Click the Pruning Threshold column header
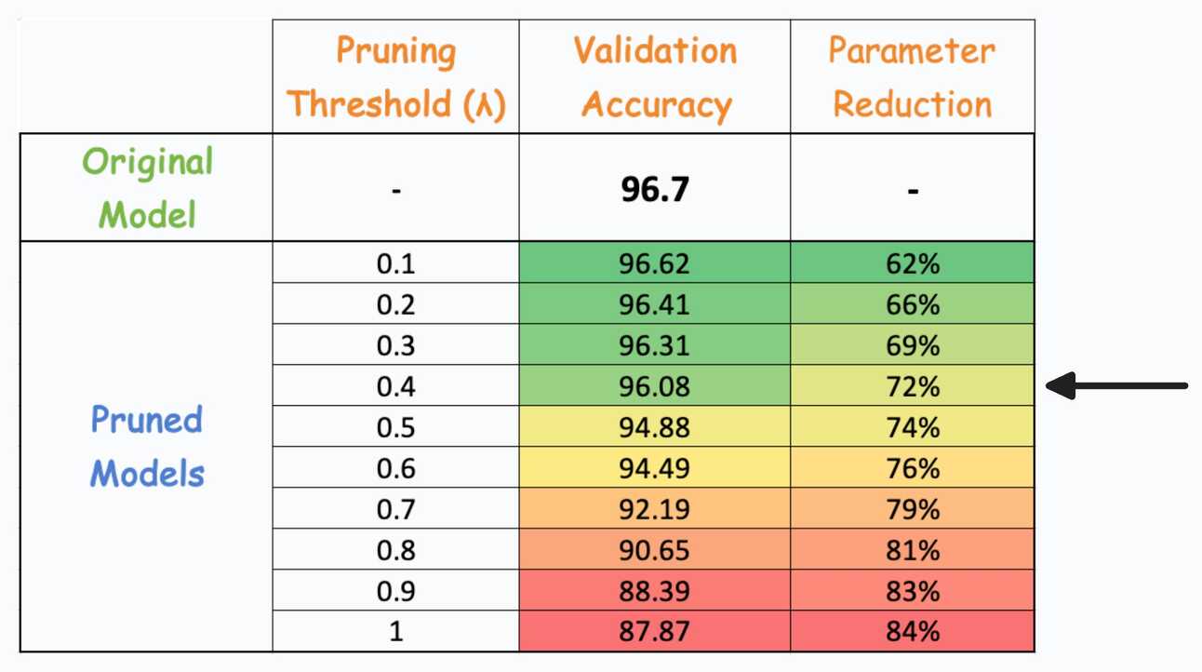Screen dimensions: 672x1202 point(395,77)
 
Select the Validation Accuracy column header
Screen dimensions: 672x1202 point(655,77)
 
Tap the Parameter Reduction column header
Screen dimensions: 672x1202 point(912,77)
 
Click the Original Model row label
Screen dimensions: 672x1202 point(147,188)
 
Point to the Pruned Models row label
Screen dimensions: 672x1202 point(147,447)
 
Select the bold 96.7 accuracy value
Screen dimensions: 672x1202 point(655,191)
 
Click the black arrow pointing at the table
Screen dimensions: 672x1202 point(1116,385)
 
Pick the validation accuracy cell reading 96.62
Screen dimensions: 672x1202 point(655,264)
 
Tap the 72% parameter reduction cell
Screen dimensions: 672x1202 point(913,386)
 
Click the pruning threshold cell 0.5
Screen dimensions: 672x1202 point(396,427)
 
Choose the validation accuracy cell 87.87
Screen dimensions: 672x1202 point(655,632)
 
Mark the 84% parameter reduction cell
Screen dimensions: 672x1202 point(913,632)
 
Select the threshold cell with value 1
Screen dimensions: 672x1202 point(396,632)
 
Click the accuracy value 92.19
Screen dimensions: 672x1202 point(655,509)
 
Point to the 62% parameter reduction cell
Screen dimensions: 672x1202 point(913,264)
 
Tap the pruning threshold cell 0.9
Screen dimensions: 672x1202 point(396,591)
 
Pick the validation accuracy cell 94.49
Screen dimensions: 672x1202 point(655,468)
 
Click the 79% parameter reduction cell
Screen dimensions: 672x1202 point(913,509)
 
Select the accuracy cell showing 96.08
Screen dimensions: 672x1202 point(655,386)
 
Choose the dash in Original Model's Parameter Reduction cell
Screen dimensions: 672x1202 point(913,192)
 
